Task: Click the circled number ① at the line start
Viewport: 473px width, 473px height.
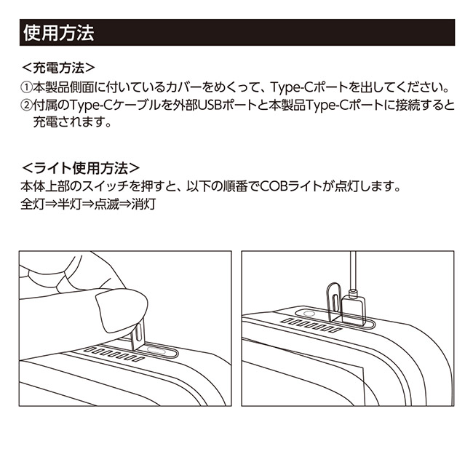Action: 25,87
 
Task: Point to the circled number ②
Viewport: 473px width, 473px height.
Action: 25,106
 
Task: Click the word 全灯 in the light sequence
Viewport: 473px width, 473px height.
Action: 32,204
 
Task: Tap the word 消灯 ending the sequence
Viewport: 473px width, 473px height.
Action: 144,204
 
